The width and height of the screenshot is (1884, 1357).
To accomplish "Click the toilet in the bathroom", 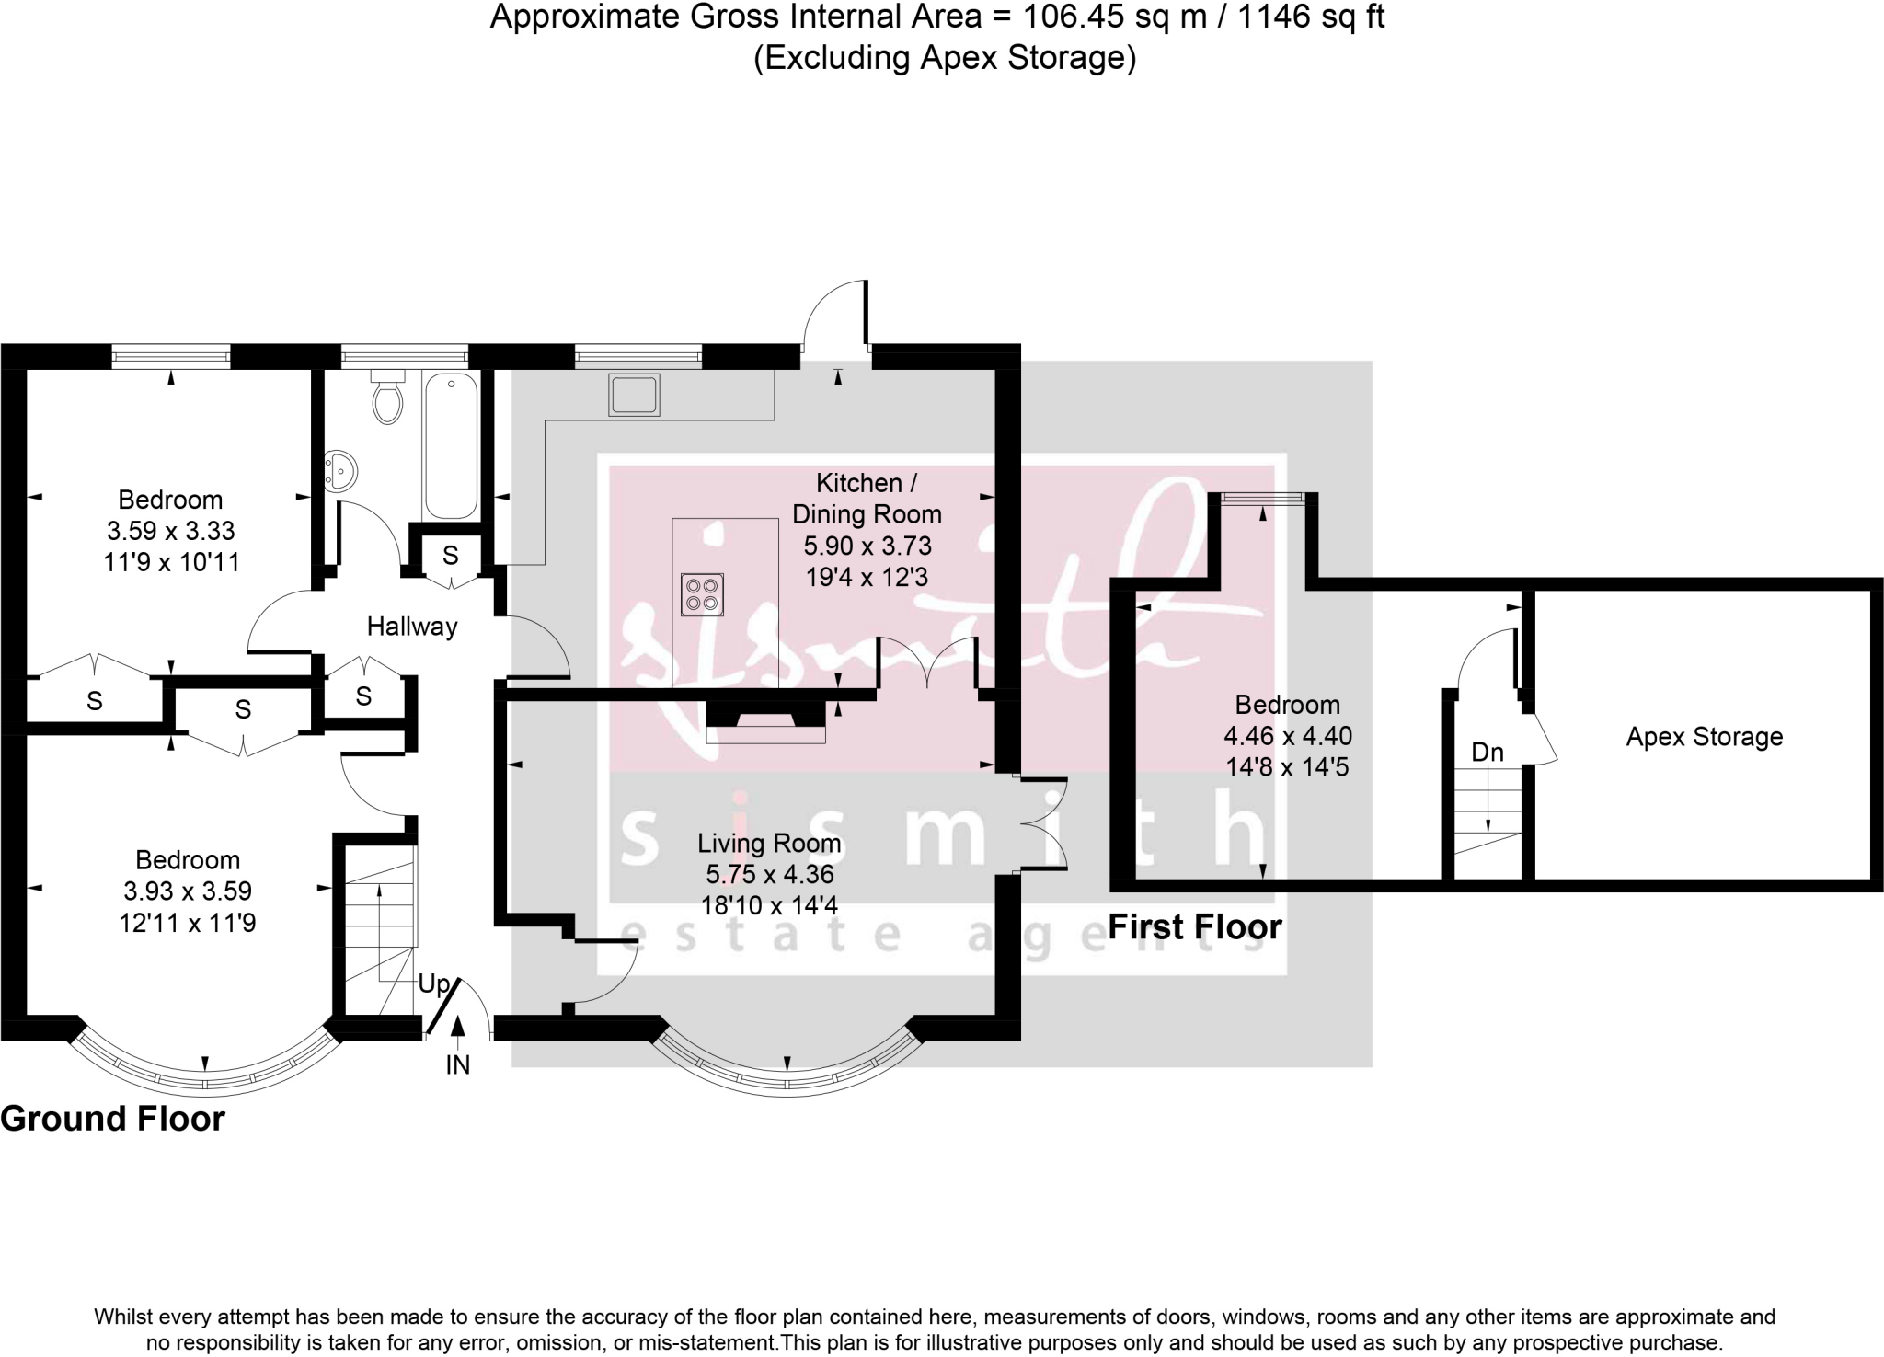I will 387,398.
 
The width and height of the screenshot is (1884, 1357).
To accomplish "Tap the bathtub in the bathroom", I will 450,446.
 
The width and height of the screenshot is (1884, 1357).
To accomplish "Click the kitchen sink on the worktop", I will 634,395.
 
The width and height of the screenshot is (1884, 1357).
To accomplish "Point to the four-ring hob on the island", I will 703,593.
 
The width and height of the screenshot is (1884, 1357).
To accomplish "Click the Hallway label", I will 411,627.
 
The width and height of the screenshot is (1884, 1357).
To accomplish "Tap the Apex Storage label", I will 1704,737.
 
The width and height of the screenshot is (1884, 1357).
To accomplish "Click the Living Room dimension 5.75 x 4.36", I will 769,874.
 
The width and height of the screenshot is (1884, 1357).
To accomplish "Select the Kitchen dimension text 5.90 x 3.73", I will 867,546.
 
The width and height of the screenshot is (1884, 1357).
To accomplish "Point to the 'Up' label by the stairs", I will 432,984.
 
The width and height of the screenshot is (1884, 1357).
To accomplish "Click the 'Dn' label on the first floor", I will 1487,753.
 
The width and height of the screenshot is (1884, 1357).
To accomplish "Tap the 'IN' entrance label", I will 457,1065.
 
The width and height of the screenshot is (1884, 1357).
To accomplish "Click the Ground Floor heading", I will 112,1120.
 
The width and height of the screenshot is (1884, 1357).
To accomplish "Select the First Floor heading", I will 1194,927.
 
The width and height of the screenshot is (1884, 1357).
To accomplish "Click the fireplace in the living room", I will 765,722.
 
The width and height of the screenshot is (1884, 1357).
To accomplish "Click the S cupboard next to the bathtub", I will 450,556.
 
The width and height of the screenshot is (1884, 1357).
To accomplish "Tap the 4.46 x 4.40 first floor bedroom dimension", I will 1287,736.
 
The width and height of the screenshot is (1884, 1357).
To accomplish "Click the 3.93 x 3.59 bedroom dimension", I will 187,891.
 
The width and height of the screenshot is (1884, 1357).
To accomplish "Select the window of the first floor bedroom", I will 1262,499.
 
